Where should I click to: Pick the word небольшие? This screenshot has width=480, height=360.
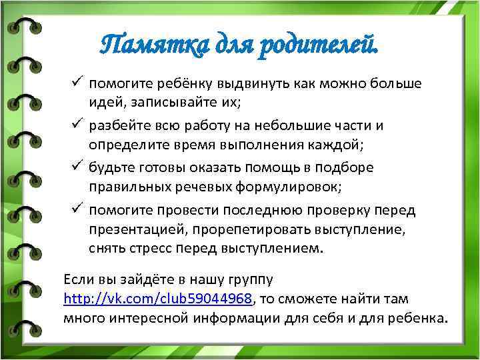tap(327, 126)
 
